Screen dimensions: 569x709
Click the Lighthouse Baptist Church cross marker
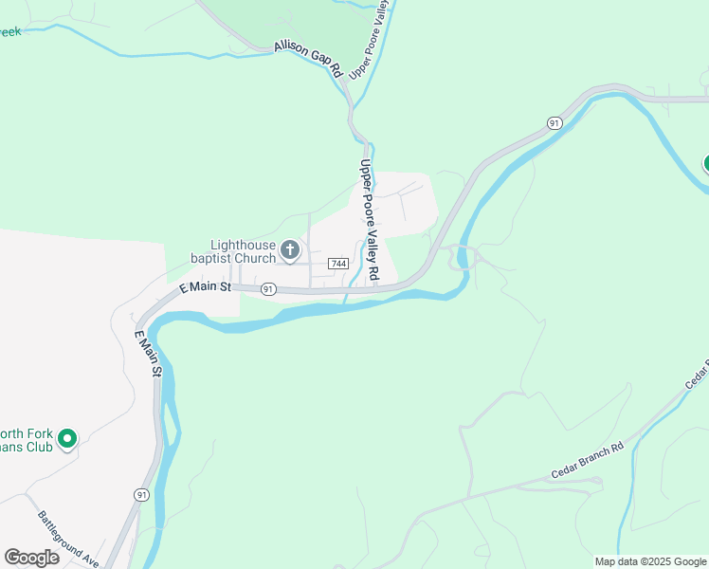290,251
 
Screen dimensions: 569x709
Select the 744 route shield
338,263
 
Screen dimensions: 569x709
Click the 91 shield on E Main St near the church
269,288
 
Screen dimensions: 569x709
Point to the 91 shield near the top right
554,123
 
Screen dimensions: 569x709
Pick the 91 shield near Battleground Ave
141,495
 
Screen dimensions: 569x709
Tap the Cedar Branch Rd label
588,461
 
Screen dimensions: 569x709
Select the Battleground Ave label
68,540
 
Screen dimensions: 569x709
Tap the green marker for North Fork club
66,439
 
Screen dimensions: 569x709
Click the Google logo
31,557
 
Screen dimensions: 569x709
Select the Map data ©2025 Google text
650,561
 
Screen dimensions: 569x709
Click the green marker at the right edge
706,163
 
